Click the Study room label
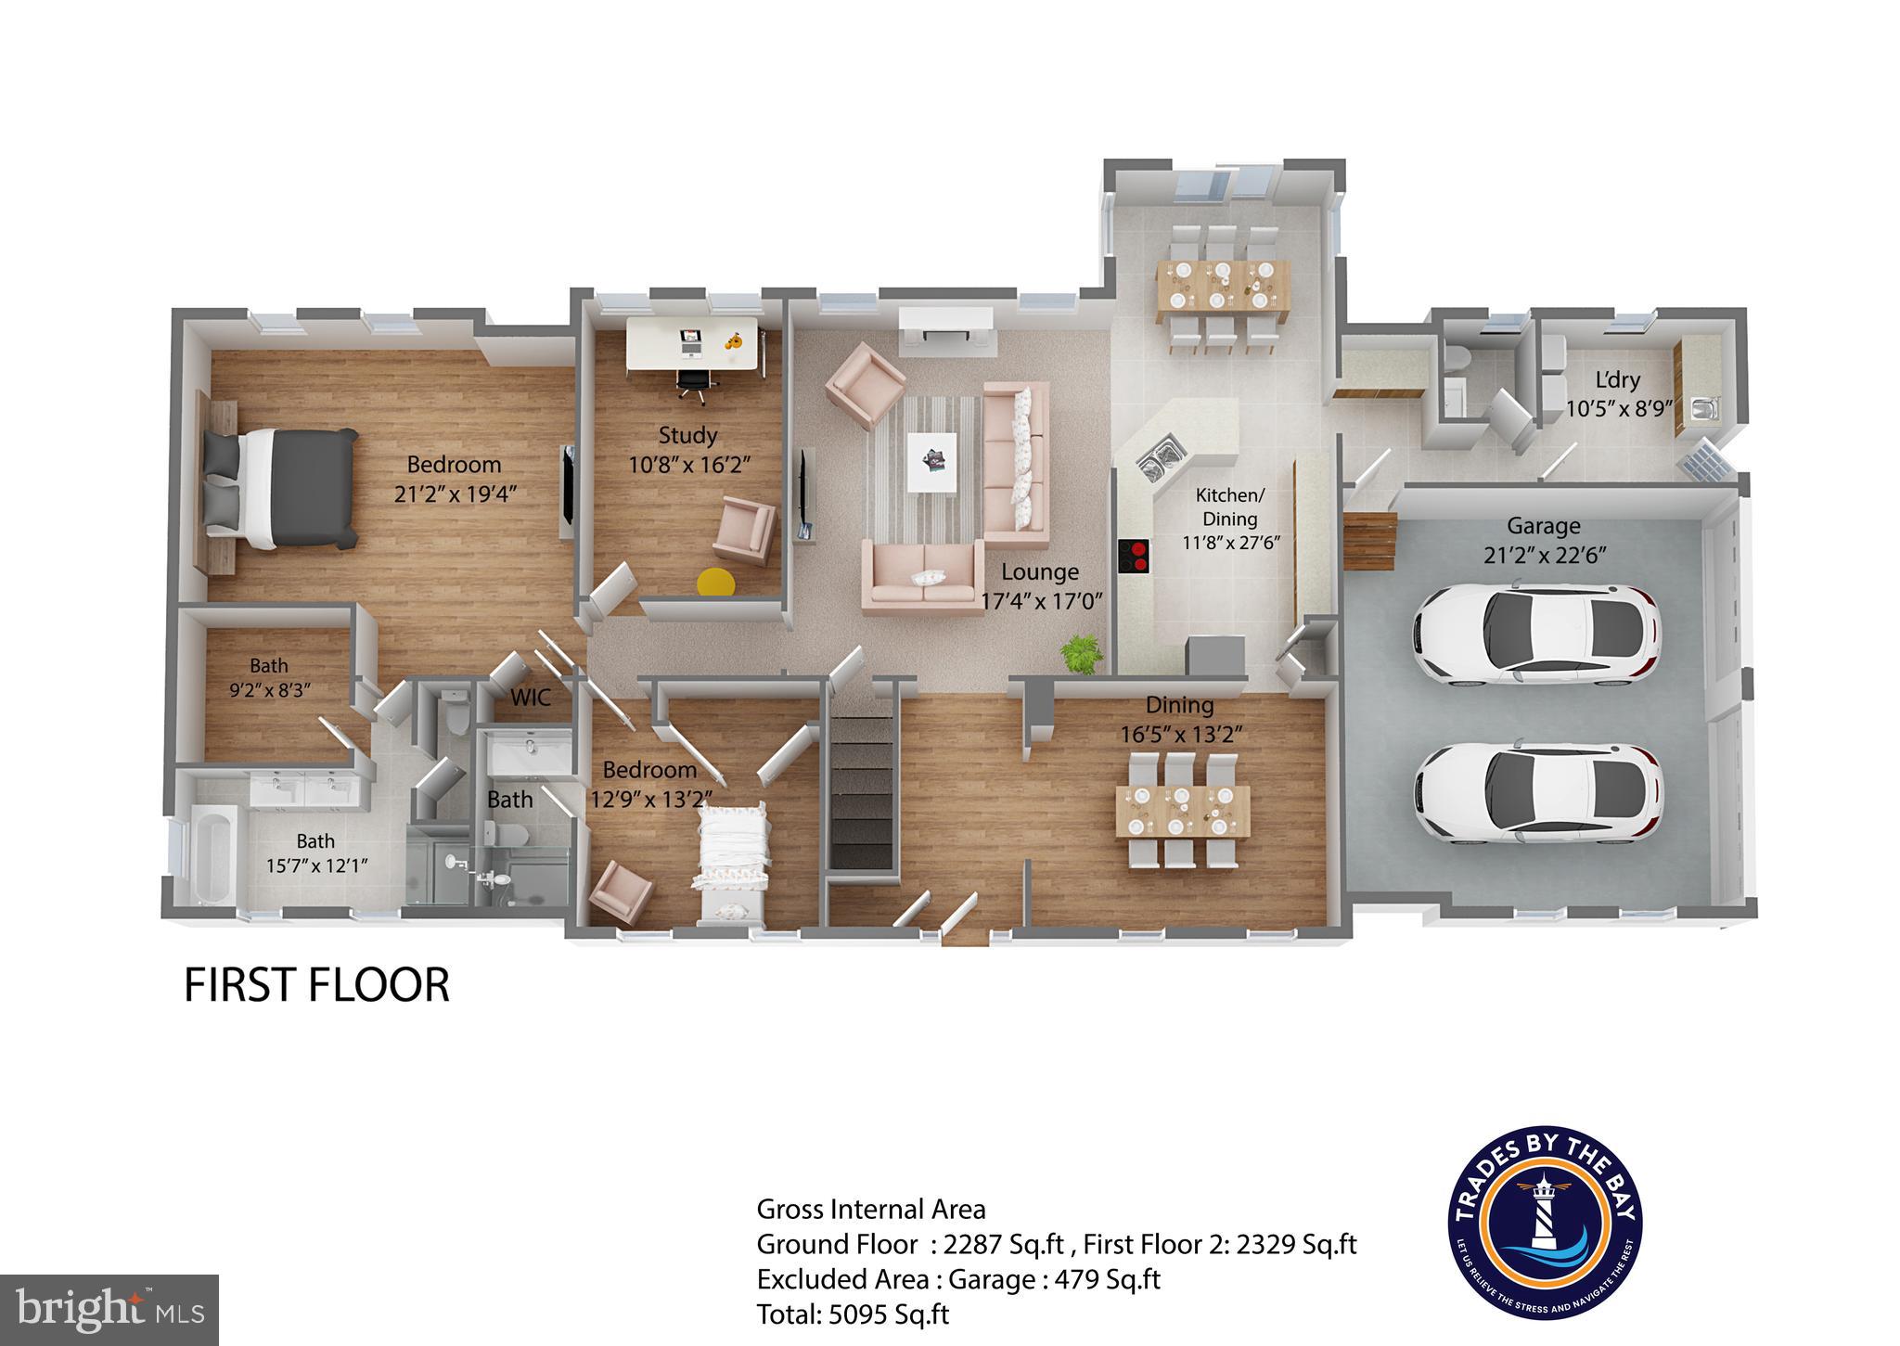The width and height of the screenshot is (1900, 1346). click(687, 435)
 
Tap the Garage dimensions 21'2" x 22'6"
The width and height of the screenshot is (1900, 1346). click(1544, 555)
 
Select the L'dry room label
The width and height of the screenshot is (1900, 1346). click(1617, 379)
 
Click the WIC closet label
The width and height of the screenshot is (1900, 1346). click(531, 697)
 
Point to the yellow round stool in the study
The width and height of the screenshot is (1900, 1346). click(715, 582)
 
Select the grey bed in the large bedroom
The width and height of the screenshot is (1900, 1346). click(281, 487)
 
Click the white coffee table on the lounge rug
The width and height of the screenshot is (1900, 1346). click(932, 461)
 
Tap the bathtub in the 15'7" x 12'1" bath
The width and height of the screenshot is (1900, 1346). click(213, 853)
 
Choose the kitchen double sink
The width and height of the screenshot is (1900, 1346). click(1160, 460)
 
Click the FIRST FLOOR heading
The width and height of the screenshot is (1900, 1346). click(316, 985)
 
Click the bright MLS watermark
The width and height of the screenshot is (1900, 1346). click(109, 1310)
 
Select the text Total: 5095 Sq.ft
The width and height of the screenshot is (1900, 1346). click(853, 1314)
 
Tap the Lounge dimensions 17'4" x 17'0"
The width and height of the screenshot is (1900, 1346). click(1042, 600)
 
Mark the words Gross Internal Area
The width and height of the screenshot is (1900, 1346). click(871, 1209)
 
